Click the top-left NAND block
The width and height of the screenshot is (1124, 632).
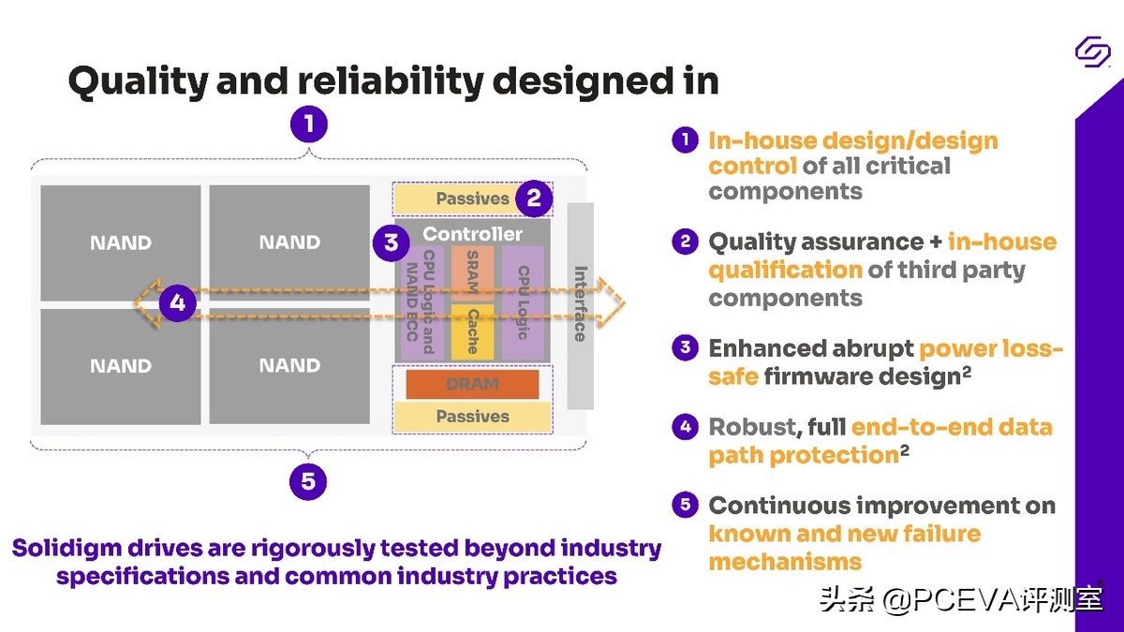click(x=120, y=243)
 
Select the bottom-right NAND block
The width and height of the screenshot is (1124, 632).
click(x=289, y=365)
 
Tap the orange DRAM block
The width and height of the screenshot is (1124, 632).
click(x=472, y=384)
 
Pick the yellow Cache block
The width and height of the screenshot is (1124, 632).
click(x=472, y=331)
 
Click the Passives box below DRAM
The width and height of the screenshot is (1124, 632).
click(x=472, y=417)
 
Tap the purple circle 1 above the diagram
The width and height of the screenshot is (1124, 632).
click(x=308, y=124)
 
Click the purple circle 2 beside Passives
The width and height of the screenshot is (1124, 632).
click(x=534, y=198)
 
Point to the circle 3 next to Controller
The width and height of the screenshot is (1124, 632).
click(x=391, y=243)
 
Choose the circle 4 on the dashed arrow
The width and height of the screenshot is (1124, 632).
click(x=177, y=303)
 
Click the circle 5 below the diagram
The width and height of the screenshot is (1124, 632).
click(x=308, y=482)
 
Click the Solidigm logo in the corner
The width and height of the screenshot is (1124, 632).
click(x=1092, y=52)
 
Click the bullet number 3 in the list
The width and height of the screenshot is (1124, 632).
click(x=686, y=348)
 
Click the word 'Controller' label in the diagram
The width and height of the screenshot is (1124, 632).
click(x=472, y=233)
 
